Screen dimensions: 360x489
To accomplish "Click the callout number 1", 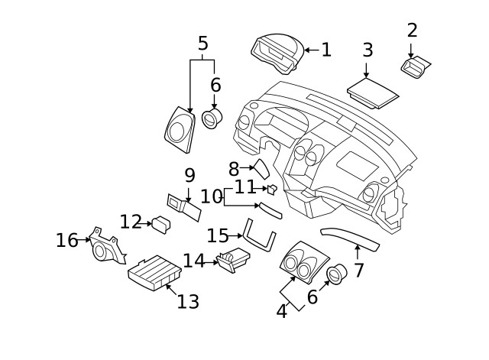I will click(326, 50).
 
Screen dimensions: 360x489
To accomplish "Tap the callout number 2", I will click(412, 31).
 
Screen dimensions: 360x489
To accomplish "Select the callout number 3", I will click(368, 50).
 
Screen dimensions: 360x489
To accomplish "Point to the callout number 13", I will click(187, 301).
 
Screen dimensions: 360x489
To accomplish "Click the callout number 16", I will click(66, 241).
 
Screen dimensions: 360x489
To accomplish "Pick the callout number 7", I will click(358, 269).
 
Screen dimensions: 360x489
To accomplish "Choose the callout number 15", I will click(218, 235).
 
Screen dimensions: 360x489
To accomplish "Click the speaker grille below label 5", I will click(180, 127).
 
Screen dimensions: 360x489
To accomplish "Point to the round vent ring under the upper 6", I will click(213, 118).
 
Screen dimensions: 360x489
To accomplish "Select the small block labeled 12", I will click(161, 224).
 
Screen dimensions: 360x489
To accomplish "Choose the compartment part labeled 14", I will click(233, 261).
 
